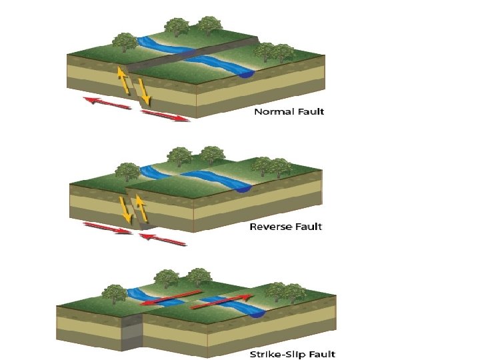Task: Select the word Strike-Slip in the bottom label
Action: (x=273, y=354)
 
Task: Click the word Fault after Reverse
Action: (x=309, y=227)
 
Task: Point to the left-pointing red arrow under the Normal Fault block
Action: (x=107, y=103)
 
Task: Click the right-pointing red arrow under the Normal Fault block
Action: (x=166, y=116)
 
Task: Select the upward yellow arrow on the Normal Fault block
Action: (x=123, y=80)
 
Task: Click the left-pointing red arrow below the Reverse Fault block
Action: (x=163, y=239)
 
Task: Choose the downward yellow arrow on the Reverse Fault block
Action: (x=125, y=209)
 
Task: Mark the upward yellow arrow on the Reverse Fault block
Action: (x=141, y=207)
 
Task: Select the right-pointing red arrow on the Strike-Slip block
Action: (x=223, y=302)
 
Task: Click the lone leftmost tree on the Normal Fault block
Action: (x=125, y=41)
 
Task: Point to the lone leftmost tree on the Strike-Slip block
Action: (x=115, y=293)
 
